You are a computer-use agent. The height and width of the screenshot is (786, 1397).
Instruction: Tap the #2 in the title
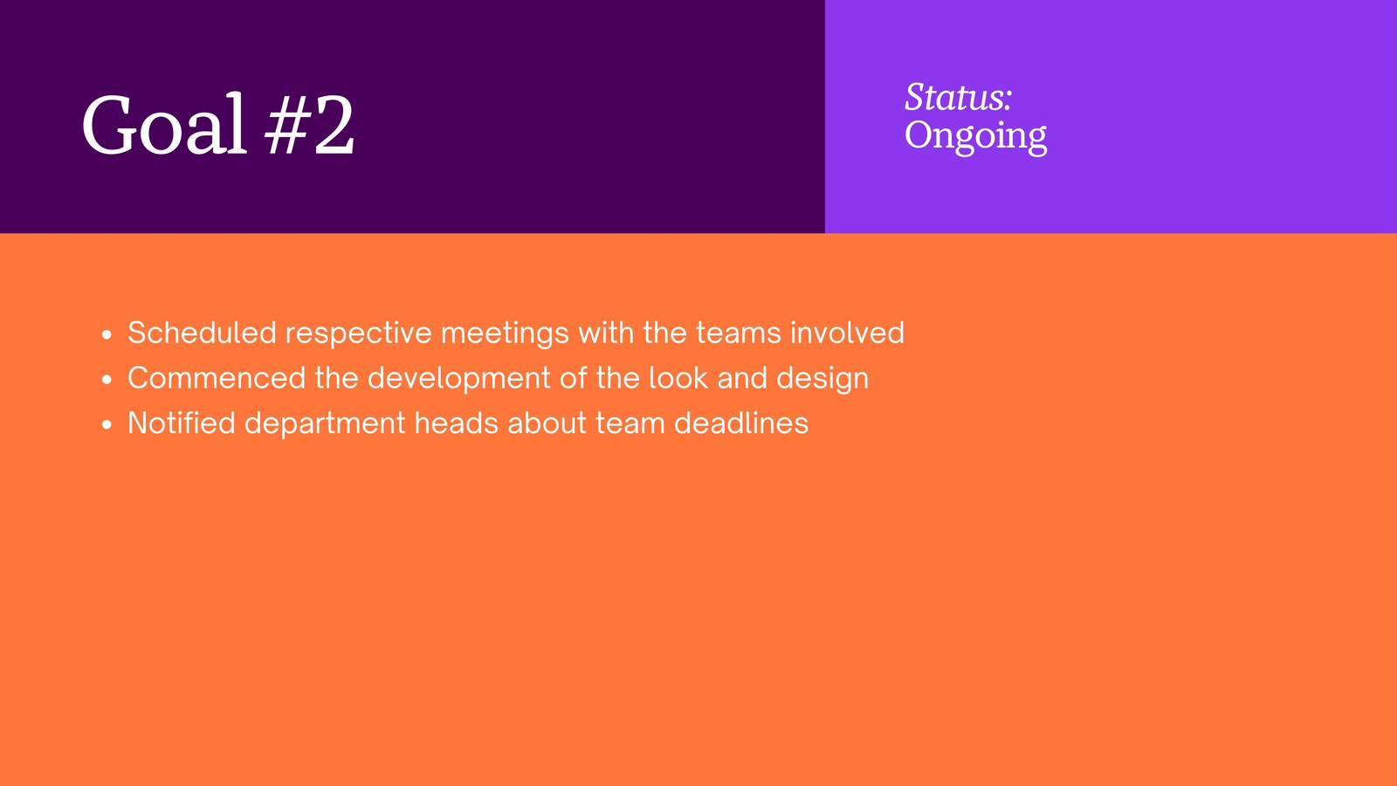(310, 125)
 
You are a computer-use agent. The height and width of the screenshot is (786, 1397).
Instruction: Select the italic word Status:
(958, 97)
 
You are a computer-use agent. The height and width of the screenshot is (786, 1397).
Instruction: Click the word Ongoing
(975, 136)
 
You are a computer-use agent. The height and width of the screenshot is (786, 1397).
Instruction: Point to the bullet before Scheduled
(107, 335)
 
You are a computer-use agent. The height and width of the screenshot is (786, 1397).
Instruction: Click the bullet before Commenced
(107, 380)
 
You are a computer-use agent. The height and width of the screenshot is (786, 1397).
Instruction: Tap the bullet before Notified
(107, 424)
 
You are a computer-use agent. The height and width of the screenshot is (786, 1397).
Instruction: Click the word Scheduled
(202, 332)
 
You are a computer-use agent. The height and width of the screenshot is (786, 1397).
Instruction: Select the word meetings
(505, 334)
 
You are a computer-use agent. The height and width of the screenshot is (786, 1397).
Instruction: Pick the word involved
(848, 332)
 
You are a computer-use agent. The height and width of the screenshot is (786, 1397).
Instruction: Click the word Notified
(182, 423)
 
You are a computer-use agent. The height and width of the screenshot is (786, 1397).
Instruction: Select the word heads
(457, 423)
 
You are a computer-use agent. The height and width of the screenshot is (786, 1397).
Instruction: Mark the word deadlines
(741, 423)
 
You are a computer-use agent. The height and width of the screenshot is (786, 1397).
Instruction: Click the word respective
(359, 334)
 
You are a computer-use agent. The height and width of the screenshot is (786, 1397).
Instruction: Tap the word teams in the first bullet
(739, 333)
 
